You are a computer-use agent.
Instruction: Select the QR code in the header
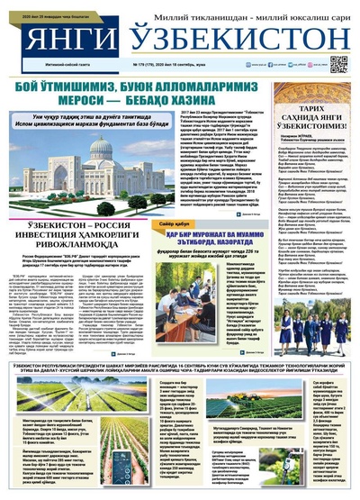[338, 63]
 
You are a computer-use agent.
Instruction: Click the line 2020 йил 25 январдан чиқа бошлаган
[36, 5]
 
